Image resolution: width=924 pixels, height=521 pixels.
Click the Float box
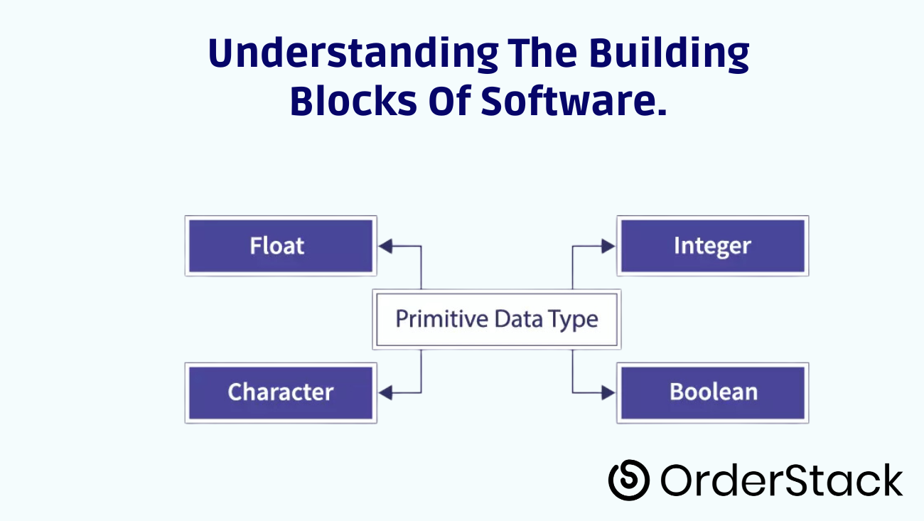(x=281, y=246)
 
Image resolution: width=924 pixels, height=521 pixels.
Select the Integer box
(x=713, y=246)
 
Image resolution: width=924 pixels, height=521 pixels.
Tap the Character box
(x=281, y=393)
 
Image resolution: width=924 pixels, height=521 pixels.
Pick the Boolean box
(x=713, y=393)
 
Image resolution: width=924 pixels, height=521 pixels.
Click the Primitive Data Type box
(x=497, y=320)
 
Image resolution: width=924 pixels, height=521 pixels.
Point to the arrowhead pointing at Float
(x=385, y=246)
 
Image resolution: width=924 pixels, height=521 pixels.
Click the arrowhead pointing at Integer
(x=608, y=246)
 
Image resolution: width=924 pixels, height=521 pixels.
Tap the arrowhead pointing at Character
(x=385, y=393)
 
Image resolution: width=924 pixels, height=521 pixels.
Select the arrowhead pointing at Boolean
(x=608, y=393)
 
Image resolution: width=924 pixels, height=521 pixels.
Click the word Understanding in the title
(x=353, y=53)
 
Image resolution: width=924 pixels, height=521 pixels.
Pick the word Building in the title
(x=669, y=53)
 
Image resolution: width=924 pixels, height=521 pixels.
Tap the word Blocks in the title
(x=354, y=101)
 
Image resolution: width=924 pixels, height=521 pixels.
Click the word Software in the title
(x=574, y=101)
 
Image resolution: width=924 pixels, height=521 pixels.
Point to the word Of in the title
(x=449, y=101)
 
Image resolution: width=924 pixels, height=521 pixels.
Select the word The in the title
(x=542, y=53)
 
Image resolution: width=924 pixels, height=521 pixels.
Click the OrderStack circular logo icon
(x=629, y=480)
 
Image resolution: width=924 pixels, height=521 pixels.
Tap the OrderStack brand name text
(x=782, y=480)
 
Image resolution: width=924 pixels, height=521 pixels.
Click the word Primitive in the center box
(x=442, y=319)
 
